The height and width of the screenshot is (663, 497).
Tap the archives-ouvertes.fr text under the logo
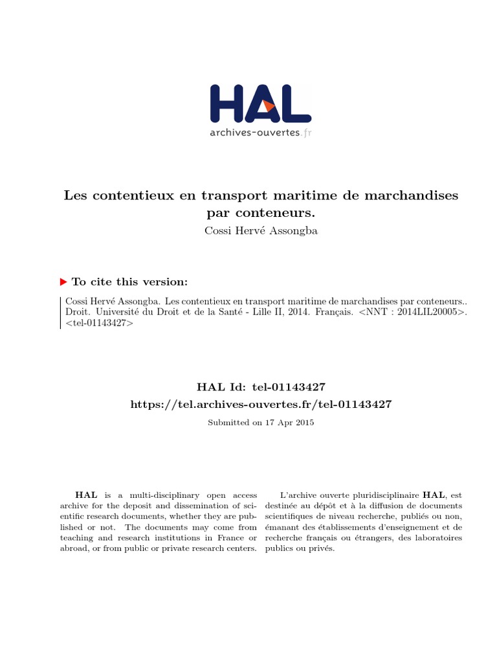pos(260,133)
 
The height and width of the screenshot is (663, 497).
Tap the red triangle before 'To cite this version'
pos(63,282)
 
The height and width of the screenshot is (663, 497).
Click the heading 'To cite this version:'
pos(130,282)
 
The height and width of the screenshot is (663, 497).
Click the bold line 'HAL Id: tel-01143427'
pos(261,387)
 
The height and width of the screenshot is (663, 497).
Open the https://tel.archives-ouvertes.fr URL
pos(261,404)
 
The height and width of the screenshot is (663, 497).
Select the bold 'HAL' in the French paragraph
pos(434,495)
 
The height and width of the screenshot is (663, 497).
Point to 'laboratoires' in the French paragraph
pos(438,537)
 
